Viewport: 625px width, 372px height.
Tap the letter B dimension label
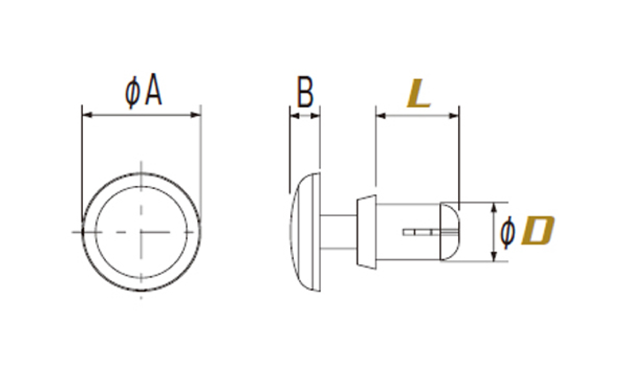coord(305,92)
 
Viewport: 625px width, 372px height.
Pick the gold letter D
coord(538,230)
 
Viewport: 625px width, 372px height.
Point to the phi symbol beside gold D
coord(507,233)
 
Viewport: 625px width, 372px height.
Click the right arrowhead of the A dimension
coord(196,115)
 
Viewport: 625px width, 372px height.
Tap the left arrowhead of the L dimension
coord(381,116)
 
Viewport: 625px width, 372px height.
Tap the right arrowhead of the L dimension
coord(454,116)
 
